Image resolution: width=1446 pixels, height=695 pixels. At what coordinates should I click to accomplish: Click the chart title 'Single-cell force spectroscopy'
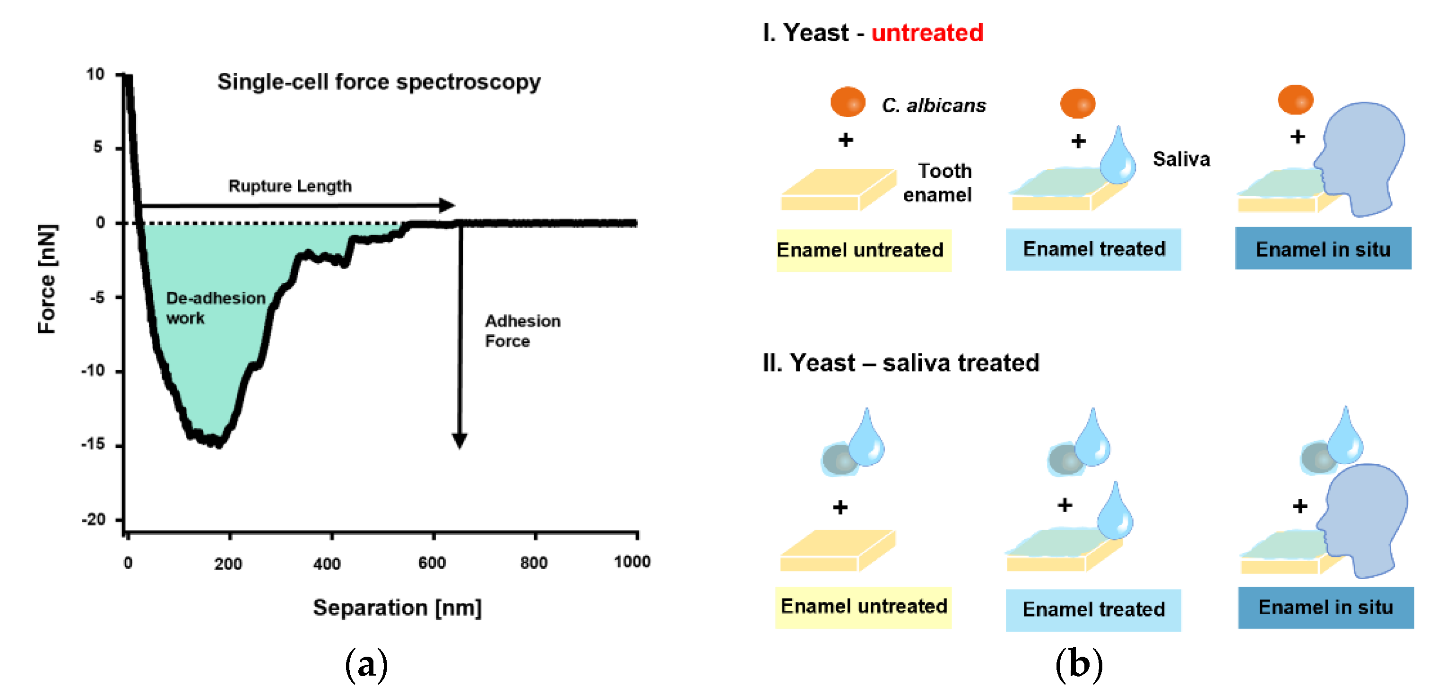point(379,82)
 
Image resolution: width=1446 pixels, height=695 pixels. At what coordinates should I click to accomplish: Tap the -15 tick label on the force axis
point(93,444)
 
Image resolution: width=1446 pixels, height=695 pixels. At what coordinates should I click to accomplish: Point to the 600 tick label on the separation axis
point(432,563)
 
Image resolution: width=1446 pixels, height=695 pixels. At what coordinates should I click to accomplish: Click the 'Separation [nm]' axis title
point(397,608)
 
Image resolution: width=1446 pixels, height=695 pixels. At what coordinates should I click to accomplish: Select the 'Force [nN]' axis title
point(47,278)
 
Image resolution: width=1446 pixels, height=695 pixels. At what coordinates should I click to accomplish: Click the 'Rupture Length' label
point(290,186)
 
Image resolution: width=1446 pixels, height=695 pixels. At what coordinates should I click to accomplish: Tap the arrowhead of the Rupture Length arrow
point(447,206)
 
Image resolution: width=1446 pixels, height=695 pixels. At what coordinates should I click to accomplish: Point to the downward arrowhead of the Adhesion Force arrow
point(460,441)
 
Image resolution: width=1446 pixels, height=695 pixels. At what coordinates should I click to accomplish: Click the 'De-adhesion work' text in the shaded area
point(215,308)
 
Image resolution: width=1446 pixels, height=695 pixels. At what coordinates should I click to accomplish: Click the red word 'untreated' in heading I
point(927,33)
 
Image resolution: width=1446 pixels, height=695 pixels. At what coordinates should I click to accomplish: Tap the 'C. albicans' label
point(934,105)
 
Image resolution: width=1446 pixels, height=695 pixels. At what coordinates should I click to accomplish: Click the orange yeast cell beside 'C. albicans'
point(848,102)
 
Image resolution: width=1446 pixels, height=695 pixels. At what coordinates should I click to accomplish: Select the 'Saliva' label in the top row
point(1181,159)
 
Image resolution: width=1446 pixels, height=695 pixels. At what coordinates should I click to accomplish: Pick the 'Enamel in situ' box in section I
point(1323,249)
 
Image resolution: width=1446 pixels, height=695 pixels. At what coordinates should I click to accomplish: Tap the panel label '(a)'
point(366,665)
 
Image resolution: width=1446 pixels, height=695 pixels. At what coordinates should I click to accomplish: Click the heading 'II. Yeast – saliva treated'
point(901,363)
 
